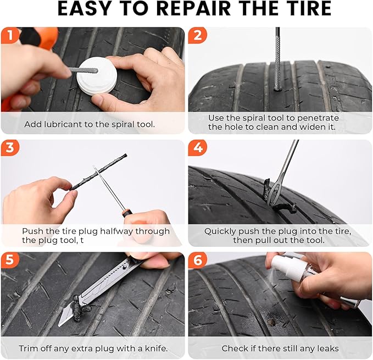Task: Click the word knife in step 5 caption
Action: (x=155, y=348)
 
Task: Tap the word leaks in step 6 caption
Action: (x=327, y=348)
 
